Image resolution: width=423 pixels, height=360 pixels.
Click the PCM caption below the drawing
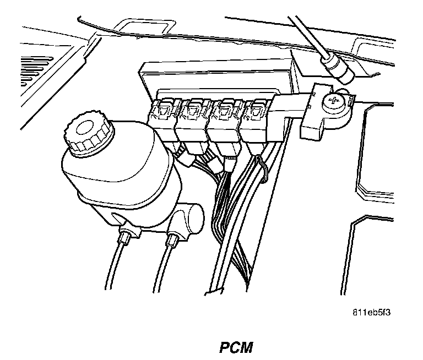pos(235,348)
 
